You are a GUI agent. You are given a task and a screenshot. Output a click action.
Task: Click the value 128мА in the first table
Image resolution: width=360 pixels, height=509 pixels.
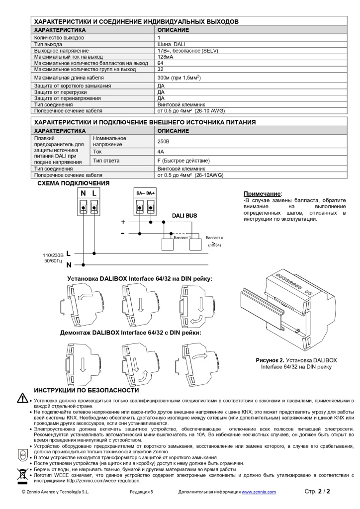pos(166,57)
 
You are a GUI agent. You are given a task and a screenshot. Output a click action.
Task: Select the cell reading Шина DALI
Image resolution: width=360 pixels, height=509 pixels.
pos(171,44)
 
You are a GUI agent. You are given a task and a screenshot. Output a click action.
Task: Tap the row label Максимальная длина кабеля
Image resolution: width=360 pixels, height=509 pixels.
pos(69,78)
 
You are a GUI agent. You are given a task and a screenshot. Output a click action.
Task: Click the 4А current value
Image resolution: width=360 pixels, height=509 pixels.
pos(161,151)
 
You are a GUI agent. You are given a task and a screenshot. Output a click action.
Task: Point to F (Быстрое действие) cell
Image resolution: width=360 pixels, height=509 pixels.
pos(183,161)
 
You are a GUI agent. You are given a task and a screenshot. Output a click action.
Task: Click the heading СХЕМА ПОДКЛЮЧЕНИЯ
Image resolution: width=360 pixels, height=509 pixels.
pos(74,183)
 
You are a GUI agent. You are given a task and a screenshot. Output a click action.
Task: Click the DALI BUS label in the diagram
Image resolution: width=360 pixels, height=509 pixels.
pos(184,215)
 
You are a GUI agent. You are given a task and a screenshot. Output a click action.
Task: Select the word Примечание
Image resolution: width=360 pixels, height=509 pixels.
pos(263,193)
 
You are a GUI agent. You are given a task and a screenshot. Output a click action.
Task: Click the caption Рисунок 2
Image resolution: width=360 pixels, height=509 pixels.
pos(270,359)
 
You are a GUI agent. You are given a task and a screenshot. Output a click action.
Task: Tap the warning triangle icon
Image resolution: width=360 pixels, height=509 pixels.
pos(22,399)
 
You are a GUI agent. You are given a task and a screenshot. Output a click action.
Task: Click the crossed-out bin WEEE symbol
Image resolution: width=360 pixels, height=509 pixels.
pos(22,473)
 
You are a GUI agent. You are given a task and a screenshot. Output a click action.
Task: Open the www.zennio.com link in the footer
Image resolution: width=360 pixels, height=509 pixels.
pos(259,492)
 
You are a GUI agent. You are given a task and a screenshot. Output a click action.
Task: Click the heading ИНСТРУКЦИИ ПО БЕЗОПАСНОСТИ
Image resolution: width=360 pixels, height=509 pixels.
pos(86,390)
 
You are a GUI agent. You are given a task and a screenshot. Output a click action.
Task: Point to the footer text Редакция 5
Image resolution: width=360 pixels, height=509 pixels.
pos(141,492)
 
